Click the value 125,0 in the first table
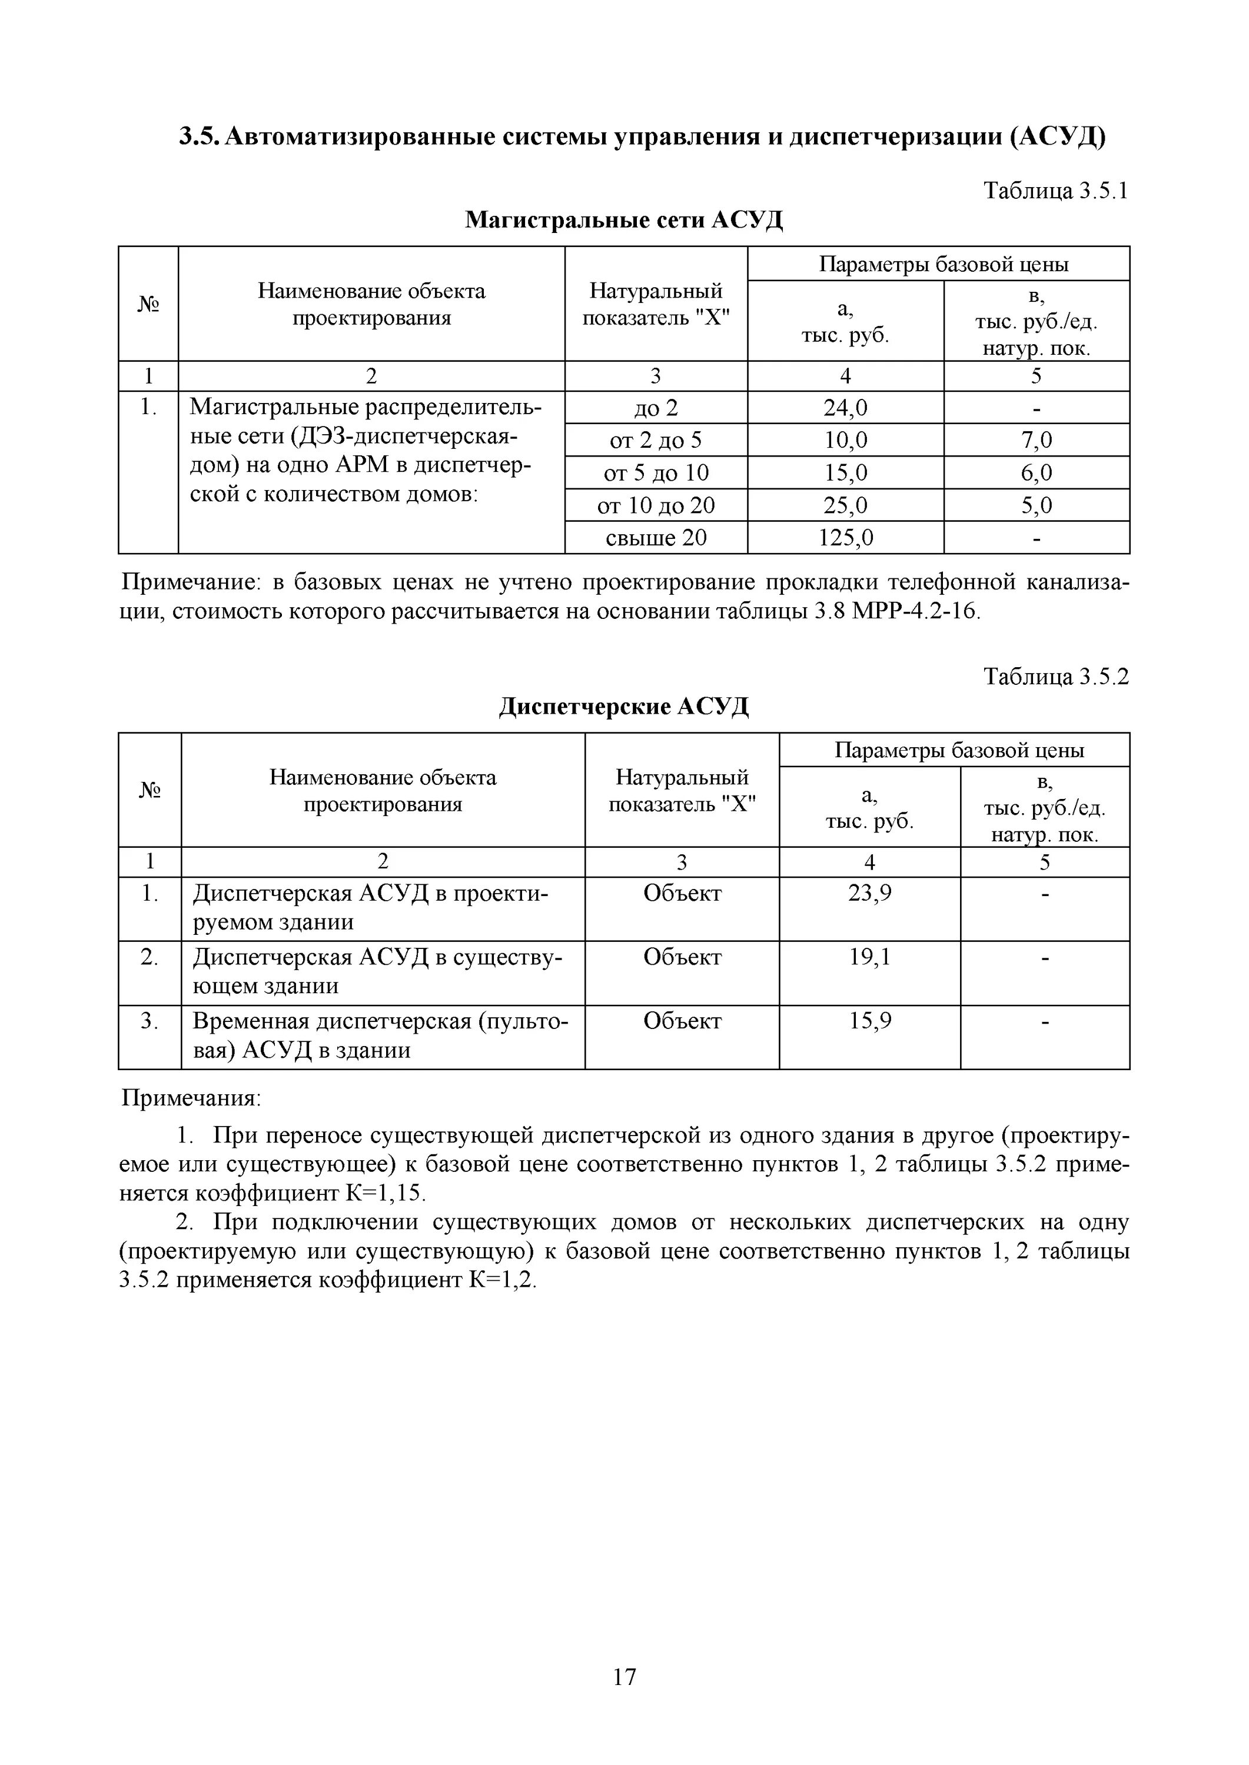845,537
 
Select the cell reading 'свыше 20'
656,537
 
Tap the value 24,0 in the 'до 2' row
845,408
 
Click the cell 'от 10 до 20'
656,505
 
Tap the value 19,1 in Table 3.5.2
870,957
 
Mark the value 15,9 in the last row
870,1021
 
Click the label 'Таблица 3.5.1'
1056,191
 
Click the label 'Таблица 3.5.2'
1056,677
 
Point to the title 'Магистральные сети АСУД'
624,220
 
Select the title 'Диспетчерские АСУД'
624,705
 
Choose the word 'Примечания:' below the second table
191,1098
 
